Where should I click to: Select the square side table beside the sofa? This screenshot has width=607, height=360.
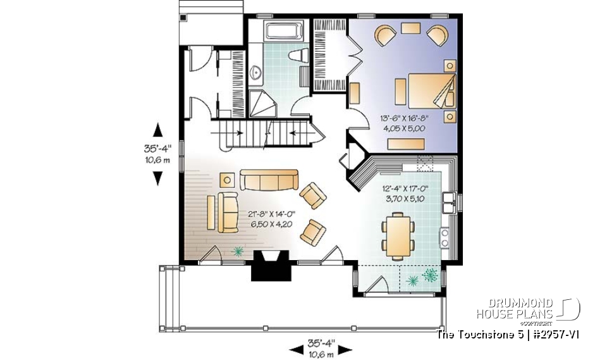(226, 180)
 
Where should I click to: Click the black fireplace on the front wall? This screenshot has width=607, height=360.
(270, 264)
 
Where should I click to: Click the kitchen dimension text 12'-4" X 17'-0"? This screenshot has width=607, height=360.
(405, 193)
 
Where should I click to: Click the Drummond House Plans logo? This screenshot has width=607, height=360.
(528, 309)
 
